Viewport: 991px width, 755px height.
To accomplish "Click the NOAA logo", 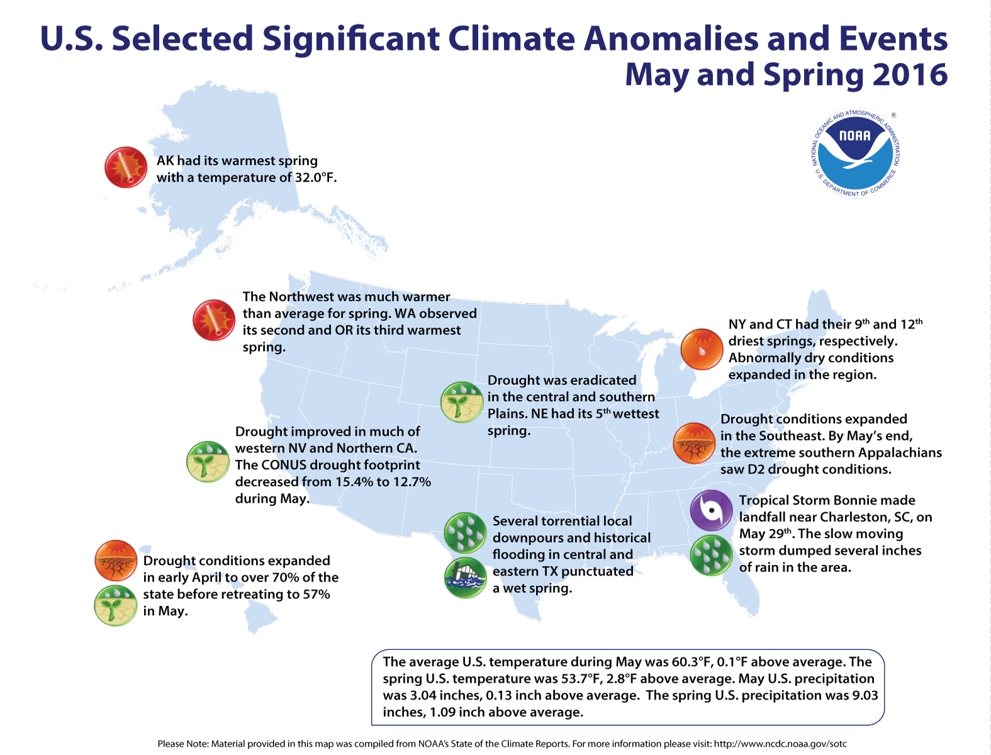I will point(855,153).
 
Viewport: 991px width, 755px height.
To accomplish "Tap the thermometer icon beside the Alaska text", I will point(126,167).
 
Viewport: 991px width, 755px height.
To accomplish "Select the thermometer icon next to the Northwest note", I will point(214,320).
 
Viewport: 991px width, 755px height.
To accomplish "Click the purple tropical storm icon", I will point(711,510).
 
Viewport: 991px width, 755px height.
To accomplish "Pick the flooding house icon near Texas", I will point(465,577).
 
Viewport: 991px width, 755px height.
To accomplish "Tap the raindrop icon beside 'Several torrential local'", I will point(465,533).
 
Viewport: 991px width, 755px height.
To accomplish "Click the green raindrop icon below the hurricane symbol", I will point(711,555).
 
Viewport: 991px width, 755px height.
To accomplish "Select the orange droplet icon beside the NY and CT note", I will point(701,349).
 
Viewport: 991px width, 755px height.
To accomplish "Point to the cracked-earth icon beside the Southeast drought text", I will point(694,443).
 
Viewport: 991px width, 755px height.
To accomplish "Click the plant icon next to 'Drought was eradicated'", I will point(461,402).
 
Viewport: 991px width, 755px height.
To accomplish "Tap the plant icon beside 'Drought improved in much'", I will point(208,462).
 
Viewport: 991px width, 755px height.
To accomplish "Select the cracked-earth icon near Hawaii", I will point(116,561).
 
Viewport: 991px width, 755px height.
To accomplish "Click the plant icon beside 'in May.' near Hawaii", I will point(116,605).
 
